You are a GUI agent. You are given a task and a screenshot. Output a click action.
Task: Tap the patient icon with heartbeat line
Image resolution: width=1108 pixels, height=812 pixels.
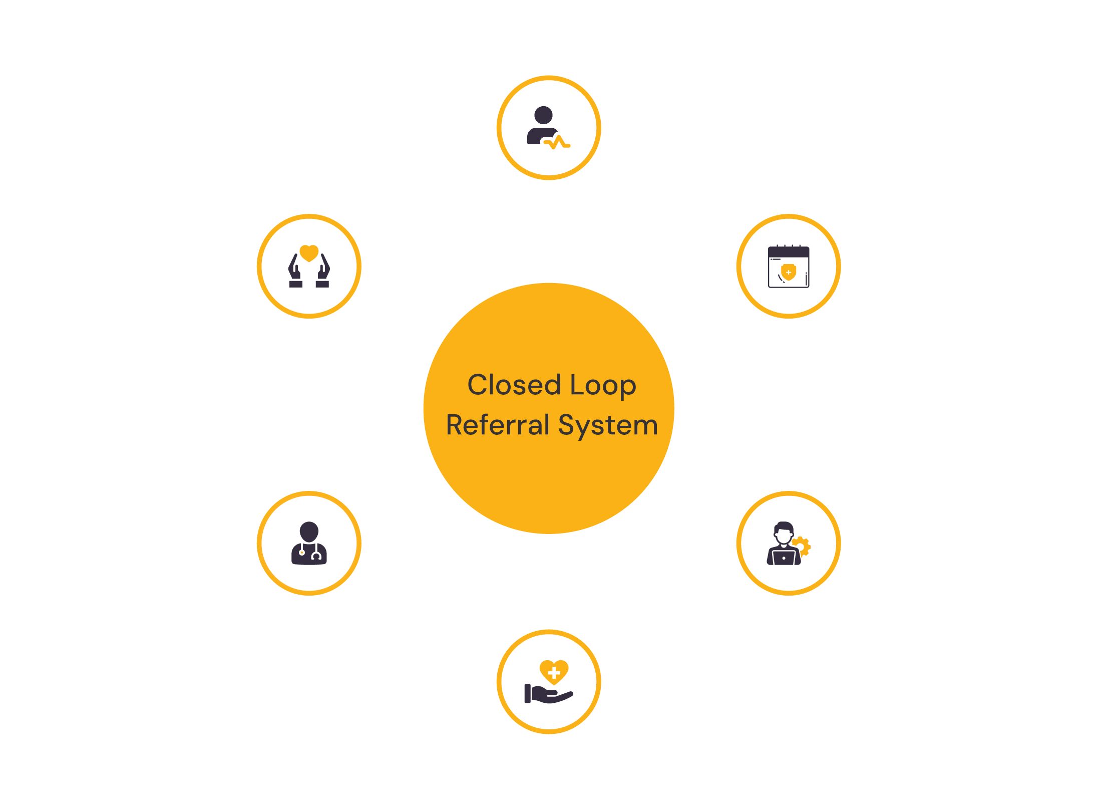(548, 128)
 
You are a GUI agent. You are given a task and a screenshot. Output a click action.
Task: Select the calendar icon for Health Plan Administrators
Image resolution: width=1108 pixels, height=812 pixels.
(789, 266)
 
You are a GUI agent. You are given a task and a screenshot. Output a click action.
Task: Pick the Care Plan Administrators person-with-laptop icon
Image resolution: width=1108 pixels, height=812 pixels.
(784, 544)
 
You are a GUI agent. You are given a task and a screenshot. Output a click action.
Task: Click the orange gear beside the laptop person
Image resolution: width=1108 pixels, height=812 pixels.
(803, 546)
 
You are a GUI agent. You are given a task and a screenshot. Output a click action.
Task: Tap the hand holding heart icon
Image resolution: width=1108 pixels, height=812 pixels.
(549, 682)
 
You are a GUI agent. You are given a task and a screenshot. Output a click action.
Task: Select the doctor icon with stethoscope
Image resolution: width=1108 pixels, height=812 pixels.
(309, 544)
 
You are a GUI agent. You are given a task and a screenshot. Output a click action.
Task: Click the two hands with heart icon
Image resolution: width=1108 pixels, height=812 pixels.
(309, 266)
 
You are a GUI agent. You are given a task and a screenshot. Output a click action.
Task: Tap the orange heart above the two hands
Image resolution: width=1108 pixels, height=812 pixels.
(309, 252)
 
